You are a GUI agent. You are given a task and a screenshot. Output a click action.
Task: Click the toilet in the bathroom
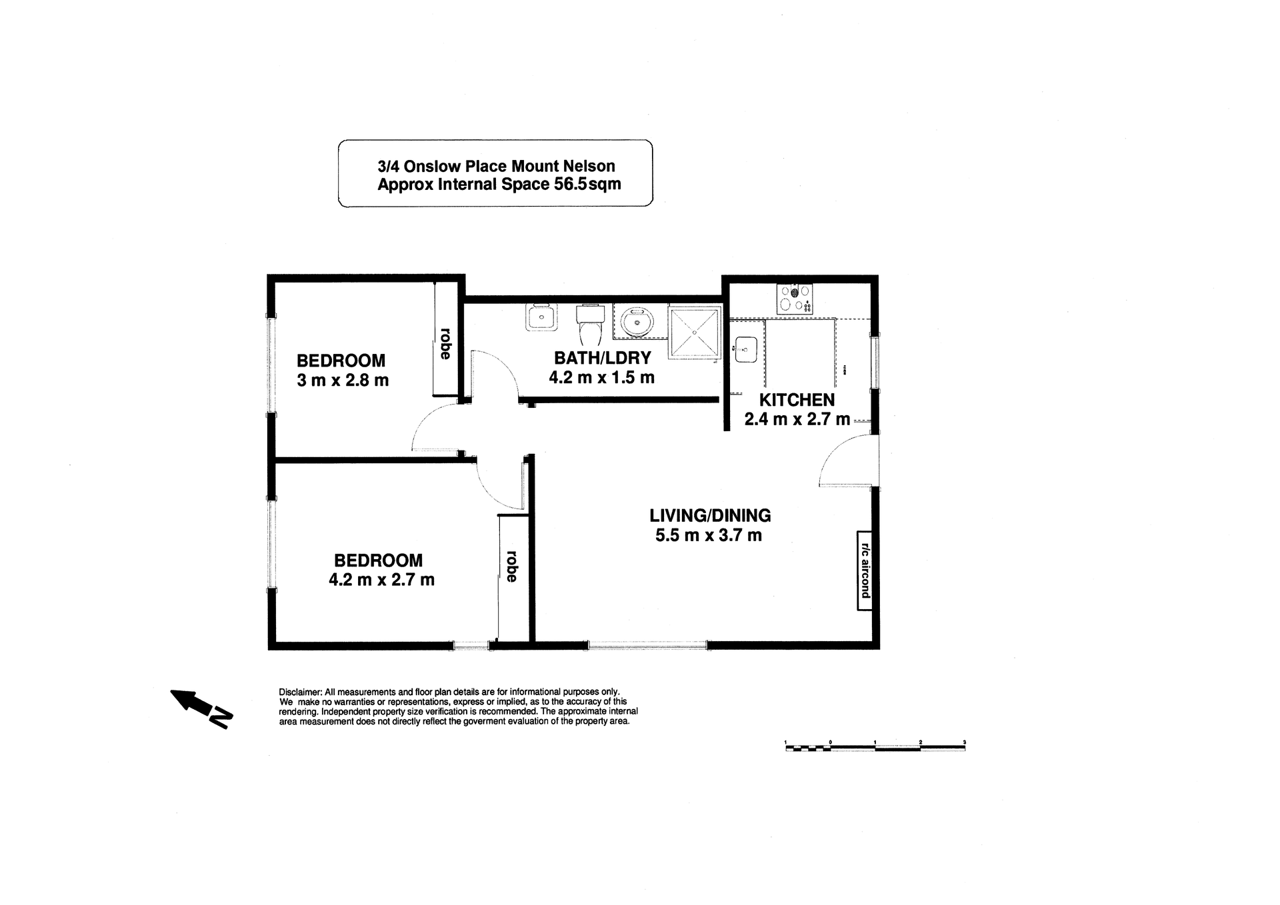(x=590, y=325)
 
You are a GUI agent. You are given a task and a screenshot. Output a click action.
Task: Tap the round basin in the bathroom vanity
(x=637, y=323)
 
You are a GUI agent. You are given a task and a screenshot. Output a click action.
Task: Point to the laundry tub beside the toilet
(x=541, y=317)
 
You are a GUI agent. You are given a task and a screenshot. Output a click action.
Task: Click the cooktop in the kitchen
(x=795, y=299)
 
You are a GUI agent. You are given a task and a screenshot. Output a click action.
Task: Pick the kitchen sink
(x=746, y=349)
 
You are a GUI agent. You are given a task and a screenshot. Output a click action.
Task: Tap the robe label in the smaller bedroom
(x=445, y=343)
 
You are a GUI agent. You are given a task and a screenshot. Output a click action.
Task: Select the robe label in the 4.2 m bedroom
(x=512, y=566)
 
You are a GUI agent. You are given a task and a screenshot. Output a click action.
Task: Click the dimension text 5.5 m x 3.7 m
(x=709, y=535)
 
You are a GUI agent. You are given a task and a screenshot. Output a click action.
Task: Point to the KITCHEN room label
(x=797, y=400)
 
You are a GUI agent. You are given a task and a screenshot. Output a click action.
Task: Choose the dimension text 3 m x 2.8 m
(x=343, y=381)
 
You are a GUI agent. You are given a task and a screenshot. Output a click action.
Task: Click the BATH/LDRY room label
(x=602, y=358)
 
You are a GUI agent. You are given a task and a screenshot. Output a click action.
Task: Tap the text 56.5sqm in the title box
(x=587, y=185)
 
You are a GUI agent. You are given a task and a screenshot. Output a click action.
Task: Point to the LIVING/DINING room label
(x=710, y=515)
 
